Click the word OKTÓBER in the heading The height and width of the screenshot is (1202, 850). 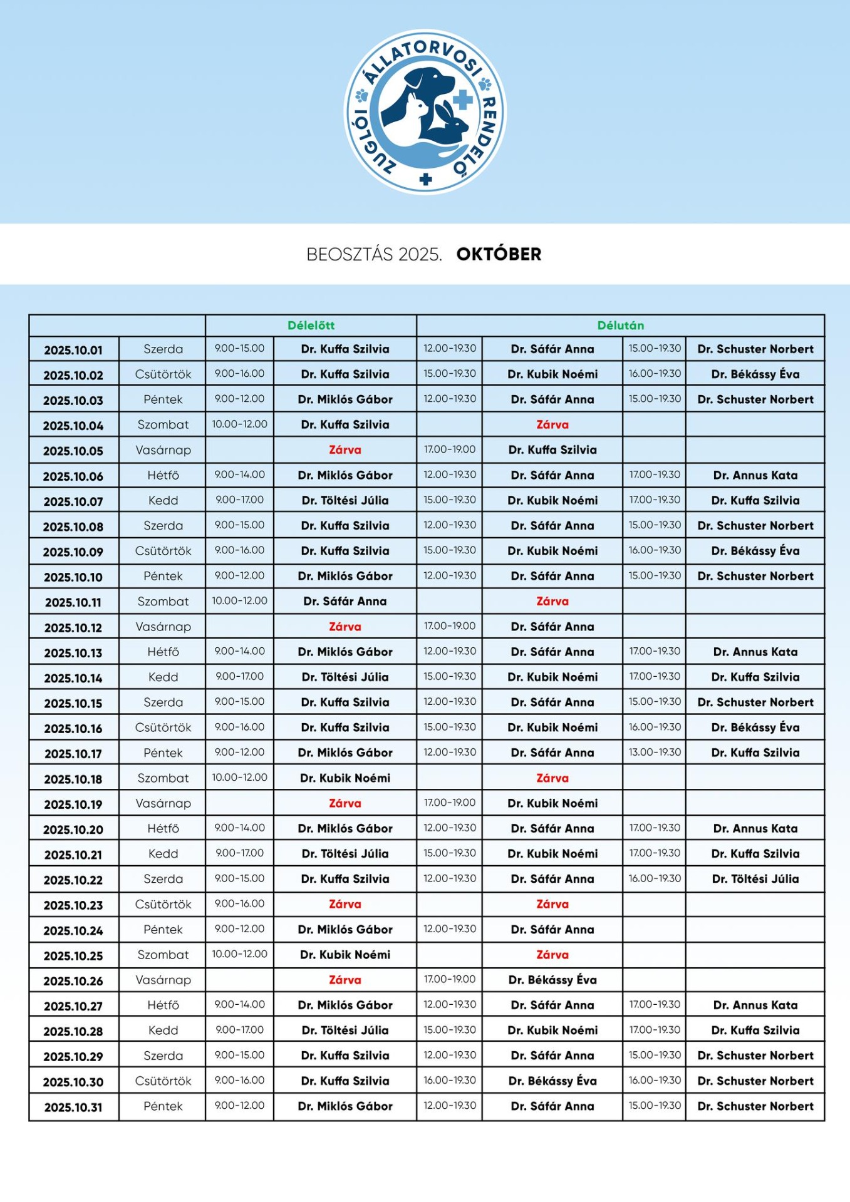point(499,254)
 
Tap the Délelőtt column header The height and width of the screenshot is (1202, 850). point(311,326)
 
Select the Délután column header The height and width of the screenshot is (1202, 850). point(620,326)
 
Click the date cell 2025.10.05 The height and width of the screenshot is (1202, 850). point(73,451)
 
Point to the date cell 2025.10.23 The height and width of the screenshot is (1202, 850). point(73,905)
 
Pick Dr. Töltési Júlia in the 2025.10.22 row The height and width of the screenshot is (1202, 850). point(755,879)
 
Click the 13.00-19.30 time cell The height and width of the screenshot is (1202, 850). point(655,753)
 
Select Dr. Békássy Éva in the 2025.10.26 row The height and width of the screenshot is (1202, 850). point(552,980)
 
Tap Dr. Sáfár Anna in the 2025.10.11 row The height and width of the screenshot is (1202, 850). point(345,602)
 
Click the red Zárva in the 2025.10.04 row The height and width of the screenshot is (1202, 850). point(552,424)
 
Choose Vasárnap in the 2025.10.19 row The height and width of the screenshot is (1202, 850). point(163,803)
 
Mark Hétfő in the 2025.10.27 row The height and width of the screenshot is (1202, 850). point(163,1005)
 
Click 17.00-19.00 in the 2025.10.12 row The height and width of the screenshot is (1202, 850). point(449,626)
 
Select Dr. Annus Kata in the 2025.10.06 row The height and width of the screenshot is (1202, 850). point(755,475)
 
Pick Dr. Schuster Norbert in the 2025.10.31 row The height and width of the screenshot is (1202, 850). point(755,1106)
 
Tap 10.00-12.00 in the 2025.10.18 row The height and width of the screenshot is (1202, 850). point(239,778)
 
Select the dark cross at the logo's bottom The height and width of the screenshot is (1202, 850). point(426,180)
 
